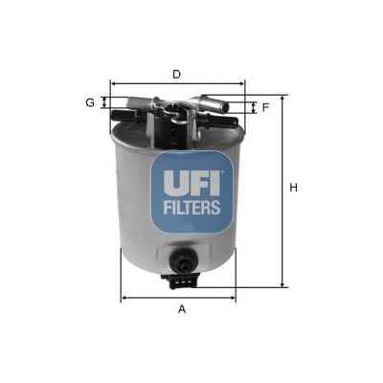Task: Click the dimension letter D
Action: pyautogui.click(x=176, y=75)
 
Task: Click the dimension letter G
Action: pyautogui.click(x=90, y=102)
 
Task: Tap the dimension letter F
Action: pyautogui.click(x=265, y=107)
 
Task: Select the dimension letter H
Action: pyautogui.click(x=293, y=188)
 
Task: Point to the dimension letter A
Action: pyautogui.click(x=182, y=309)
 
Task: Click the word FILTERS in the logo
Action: pyautogui.click(x=191, y=207)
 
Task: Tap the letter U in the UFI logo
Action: pyautogui.click(x=174, y=183)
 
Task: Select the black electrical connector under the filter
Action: pyautogui.click(x=180, y=280)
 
